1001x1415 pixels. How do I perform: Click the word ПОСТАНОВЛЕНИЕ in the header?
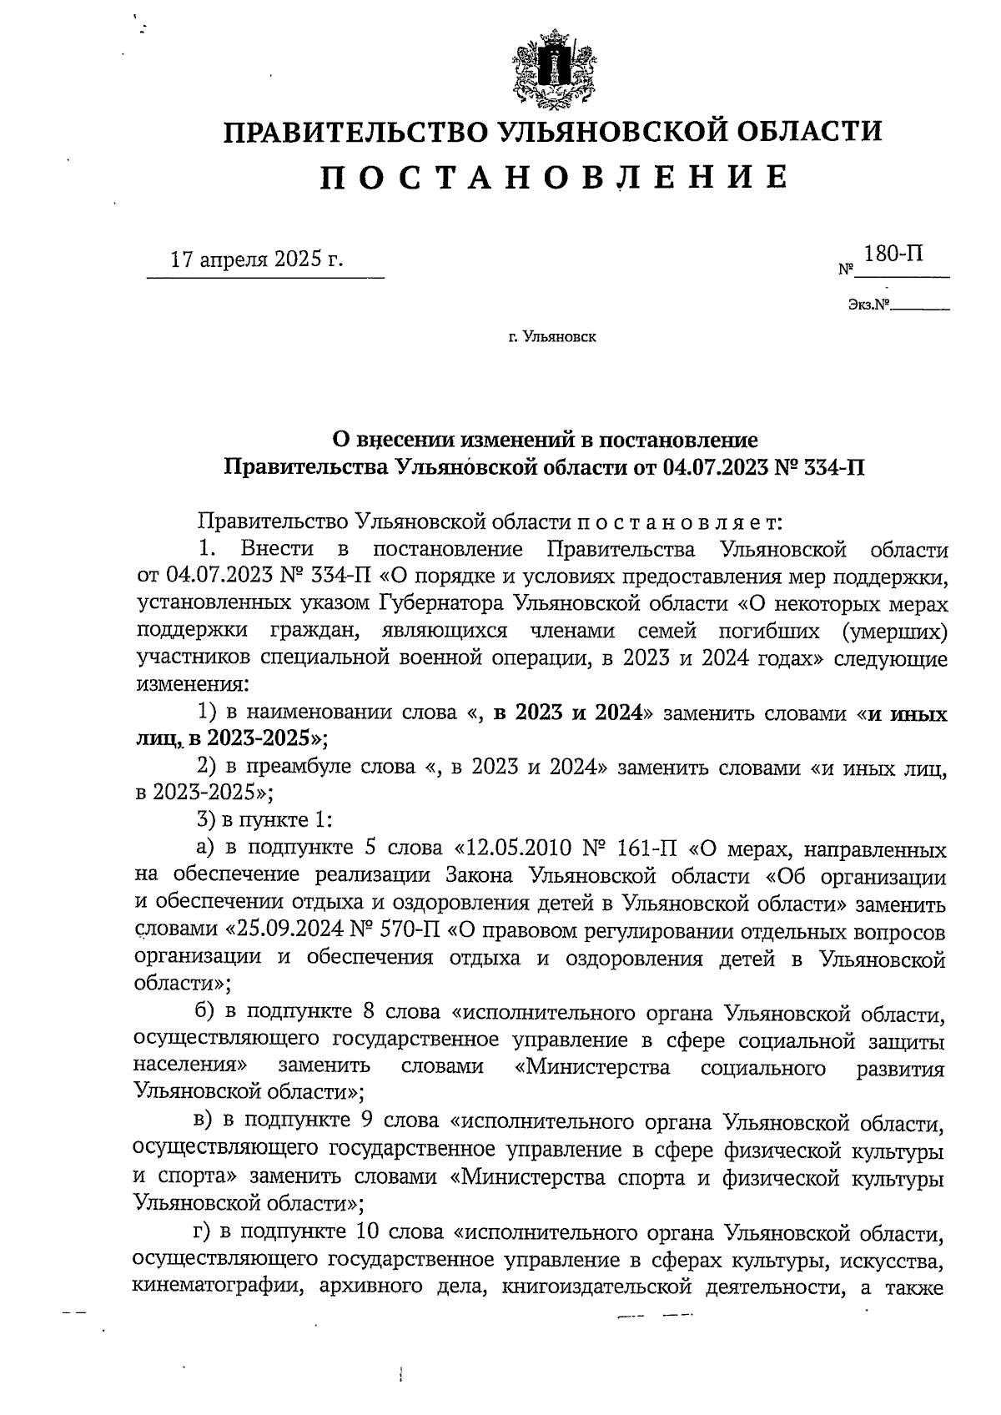tap(555, 177)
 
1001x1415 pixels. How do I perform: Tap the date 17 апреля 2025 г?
tap(257, 259)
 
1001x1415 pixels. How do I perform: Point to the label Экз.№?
tap(868, 305)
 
